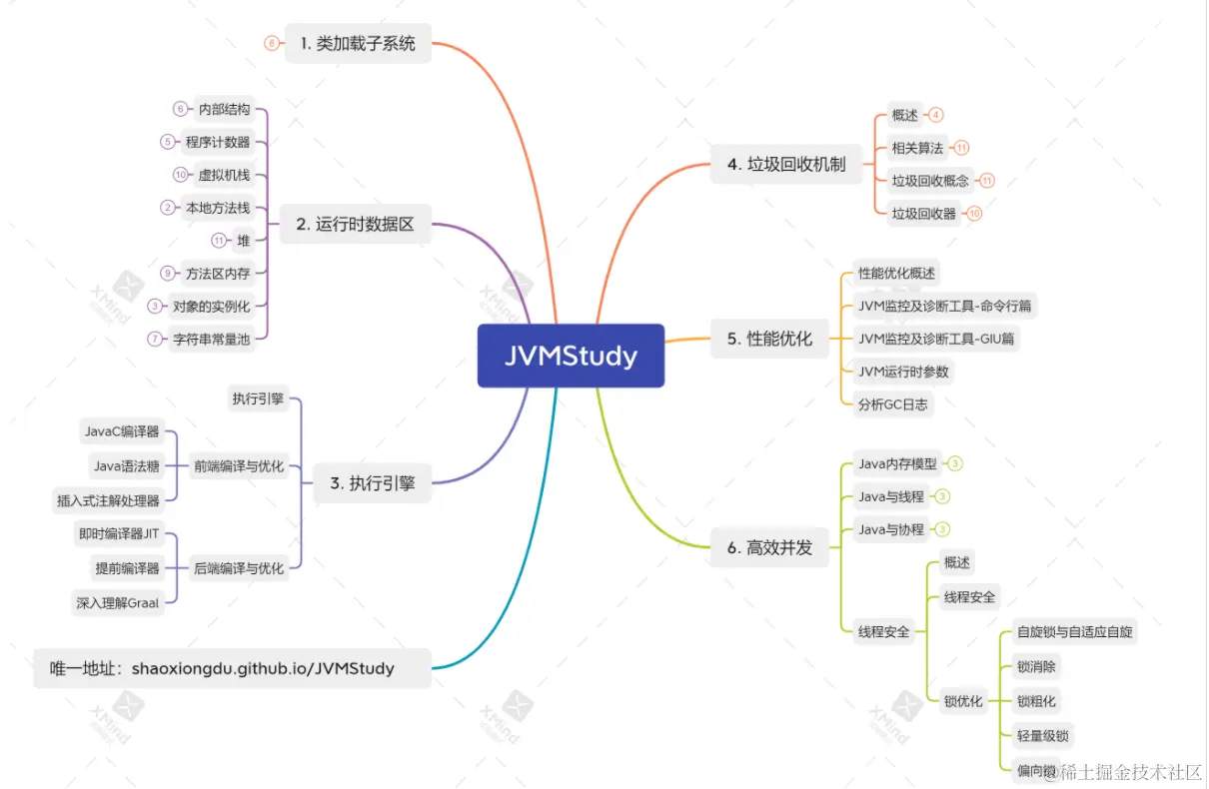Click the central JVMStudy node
pos(572,356)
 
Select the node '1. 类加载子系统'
pos(358,43)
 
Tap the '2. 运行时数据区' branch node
pos(355,224)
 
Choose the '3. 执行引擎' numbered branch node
pos(373,483)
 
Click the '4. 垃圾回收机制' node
pos(786,164)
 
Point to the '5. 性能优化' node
pos(769,339)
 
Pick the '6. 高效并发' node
pos(769,547)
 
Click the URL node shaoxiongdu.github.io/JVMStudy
pos(233,668)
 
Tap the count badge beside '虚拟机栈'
pos(180,175)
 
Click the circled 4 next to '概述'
pos(936,115)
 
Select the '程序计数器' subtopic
pos(218,142)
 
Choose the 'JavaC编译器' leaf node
pos(122,431)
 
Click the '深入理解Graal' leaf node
pos(118,603)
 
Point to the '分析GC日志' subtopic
pos(893,404)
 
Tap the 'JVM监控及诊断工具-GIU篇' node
pos(936,339)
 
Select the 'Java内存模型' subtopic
pos(897,463)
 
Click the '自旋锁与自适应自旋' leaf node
pos(1074,631)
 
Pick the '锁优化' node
pos(963,701)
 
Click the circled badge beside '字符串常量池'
pos(155,339)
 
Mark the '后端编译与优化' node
pos(239,568)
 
